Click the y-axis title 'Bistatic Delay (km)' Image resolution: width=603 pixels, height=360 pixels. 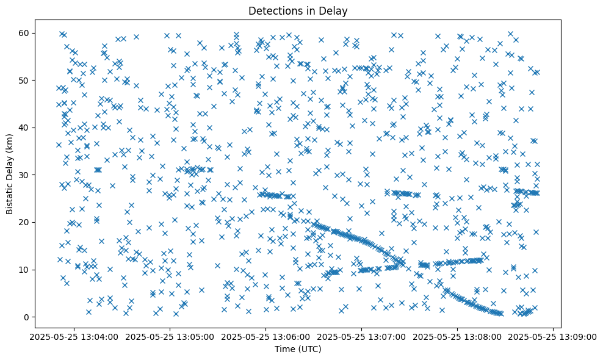10,174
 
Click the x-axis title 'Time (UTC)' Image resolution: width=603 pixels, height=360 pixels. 298,349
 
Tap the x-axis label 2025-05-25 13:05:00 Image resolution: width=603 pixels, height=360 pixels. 170,337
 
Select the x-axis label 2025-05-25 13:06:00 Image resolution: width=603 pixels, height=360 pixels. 266,337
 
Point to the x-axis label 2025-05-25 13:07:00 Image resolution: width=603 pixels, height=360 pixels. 362,337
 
